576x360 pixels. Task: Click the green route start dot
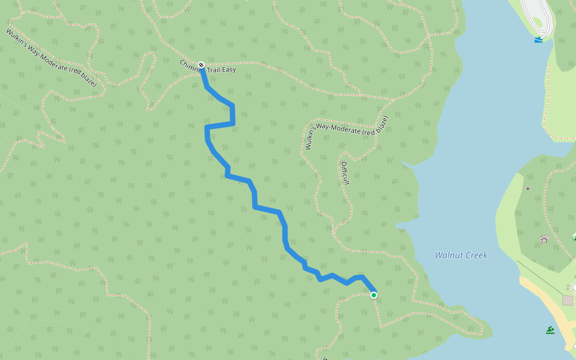point(374,295)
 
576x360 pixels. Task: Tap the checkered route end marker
point(202,65)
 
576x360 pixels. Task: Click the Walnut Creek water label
point(461,255)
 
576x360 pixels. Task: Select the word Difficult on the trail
point(344,173)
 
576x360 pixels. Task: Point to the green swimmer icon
point(550,330)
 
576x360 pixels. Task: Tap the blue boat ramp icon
point(538,40)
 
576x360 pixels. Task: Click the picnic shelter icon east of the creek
point(544,239)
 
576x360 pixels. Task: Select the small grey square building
point(567,299)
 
